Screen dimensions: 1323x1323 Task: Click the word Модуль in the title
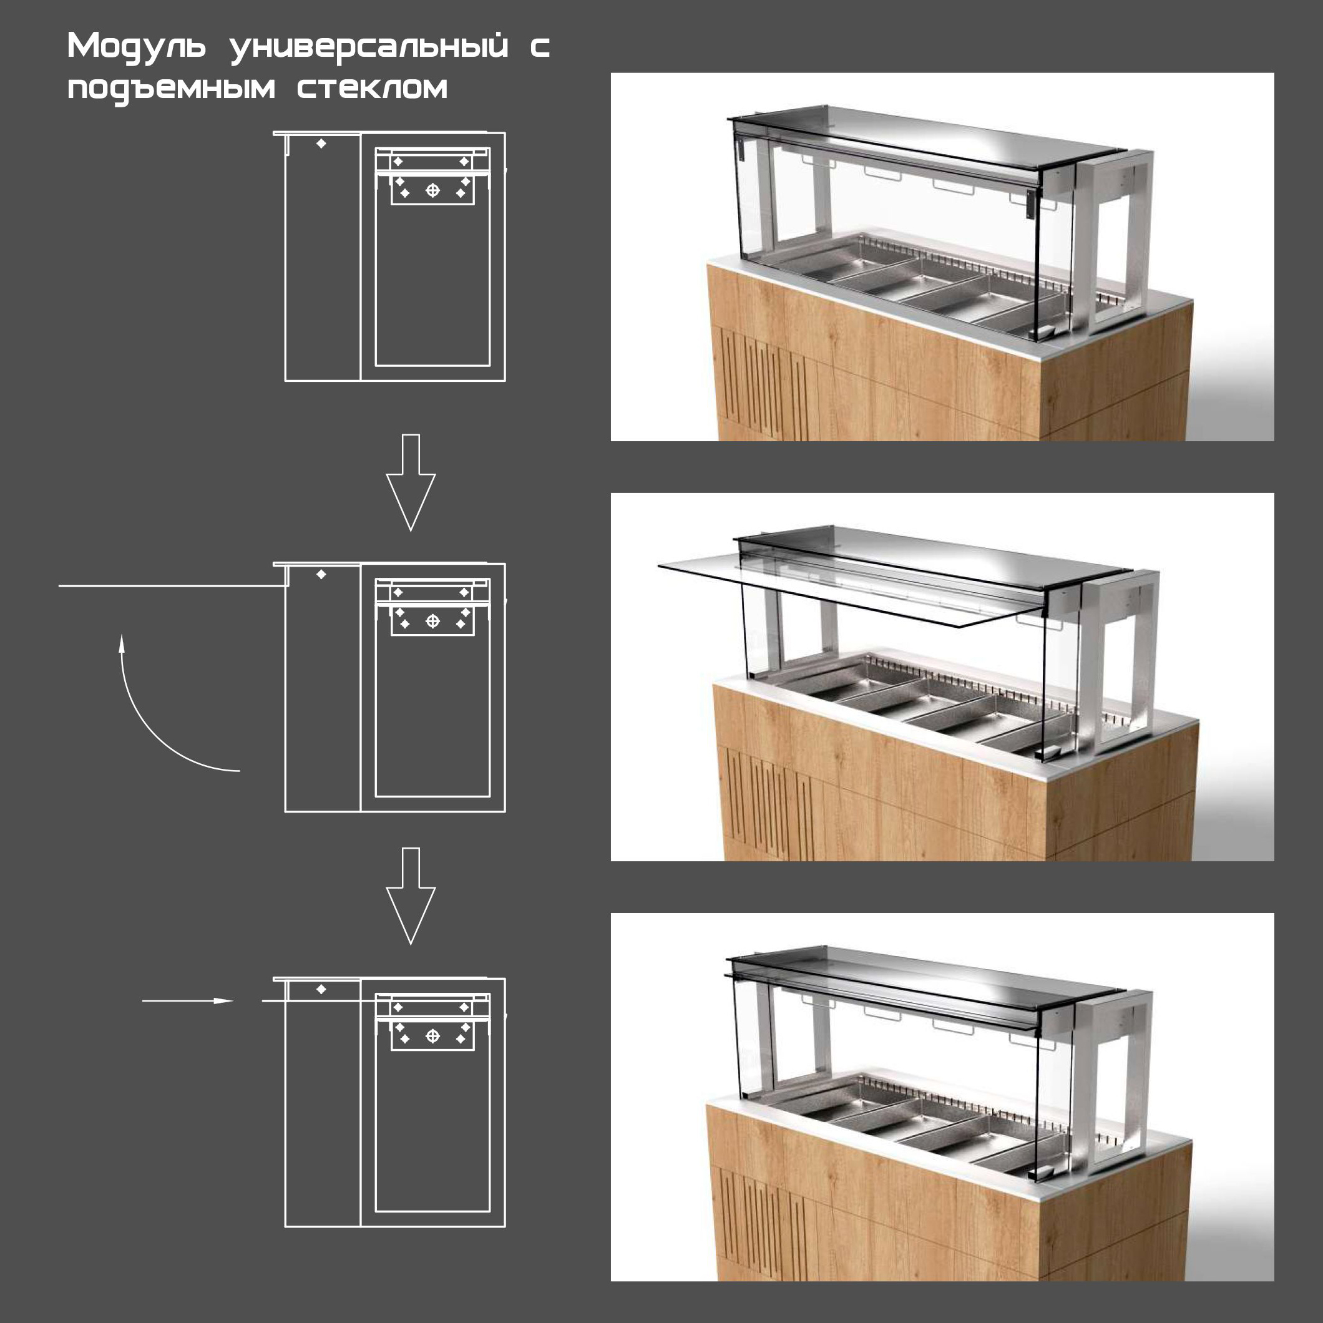136,47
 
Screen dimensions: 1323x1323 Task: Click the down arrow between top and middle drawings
411,482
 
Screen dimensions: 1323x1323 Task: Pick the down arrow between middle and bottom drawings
411,896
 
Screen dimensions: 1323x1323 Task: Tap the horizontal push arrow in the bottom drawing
187,1000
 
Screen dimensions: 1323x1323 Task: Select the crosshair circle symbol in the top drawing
432,190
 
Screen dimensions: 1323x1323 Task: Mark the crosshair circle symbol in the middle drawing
432,620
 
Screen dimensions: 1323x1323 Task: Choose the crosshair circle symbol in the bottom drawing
432,1035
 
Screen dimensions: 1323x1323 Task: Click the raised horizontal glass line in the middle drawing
171,585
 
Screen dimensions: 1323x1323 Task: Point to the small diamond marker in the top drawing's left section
321,144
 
